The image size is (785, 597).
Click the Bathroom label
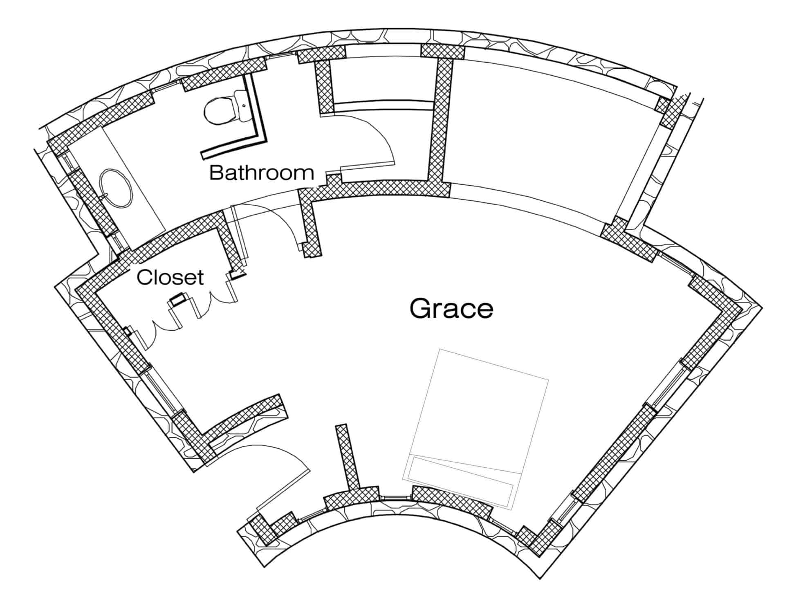(262, 173)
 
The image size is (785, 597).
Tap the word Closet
(170, 277)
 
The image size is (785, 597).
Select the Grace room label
(451, 308)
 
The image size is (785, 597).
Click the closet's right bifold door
(213, 296)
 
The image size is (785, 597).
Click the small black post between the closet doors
(178, 300)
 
